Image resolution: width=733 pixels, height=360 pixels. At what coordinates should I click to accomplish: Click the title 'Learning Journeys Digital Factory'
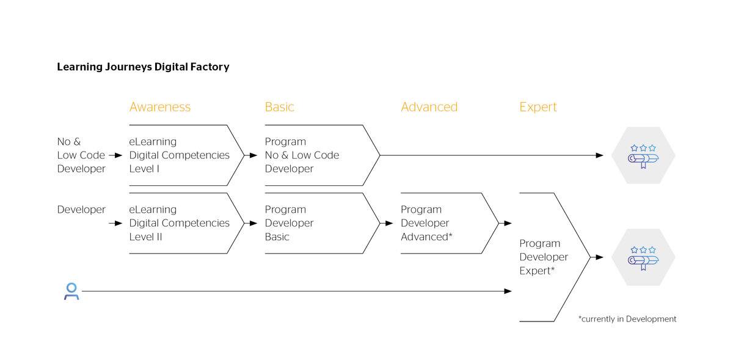tap(143, 67)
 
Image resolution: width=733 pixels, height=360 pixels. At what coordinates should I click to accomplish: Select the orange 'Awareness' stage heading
tap(160, 107)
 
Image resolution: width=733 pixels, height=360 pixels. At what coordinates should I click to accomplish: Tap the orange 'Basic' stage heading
tap(279, 107)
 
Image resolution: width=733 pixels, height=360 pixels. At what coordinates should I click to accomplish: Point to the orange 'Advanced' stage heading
tap(429, 107)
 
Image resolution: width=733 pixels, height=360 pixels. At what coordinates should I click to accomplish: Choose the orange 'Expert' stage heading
tap(538, 107)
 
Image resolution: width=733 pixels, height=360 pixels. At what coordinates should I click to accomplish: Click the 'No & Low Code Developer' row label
tap(81, 155)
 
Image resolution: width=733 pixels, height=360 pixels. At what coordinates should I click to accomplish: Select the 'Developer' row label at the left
tap(81, 210)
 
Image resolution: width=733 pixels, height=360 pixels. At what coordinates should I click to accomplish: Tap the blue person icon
tap(71, 292)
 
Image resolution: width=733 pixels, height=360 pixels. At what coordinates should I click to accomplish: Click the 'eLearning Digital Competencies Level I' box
tap(179, 155)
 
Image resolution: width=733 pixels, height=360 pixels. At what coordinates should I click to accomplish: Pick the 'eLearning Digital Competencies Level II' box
tap(179, 223)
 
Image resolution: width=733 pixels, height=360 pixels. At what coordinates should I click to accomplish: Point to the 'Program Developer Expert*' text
tap(544, 257)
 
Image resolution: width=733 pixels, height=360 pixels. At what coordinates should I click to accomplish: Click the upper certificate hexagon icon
tap(643, 155)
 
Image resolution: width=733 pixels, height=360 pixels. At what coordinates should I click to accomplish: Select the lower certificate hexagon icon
tap(643, 257)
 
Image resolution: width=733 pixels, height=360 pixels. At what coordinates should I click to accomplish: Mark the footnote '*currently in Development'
tap(627, 319)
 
